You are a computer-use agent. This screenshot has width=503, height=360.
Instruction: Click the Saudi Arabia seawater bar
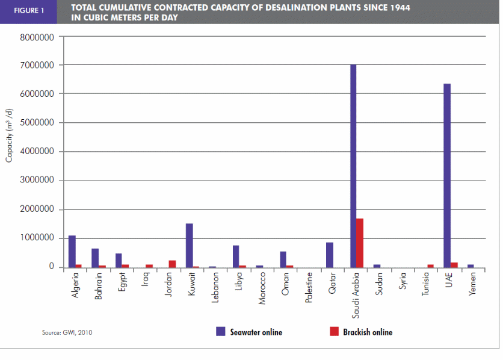(353, 166)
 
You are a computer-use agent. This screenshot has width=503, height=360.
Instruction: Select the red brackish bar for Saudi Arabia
(360, 243)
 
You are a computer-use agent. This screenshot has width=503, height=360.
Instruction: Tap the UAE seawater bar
(447, 175)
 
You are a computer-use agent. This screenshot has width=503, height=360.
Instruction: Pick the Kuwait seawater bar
(190, 245)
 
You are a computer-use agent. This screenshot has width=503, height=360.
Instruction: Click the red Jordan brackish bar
(172, 264)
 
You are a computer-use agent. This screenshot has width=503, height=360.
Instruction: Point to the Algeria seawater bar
(72, 251)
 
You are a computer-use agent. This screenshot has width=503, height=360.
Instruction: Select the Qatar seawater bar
(330, 255)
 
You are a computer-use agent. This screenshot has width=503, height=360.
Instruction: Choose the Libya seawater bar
(236, 256)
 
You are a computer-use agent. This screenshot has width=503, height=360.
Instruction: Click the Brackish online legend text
(368, 332)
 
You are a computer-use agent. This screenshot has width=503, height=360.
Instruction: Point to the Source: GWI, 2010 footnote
(67, 332)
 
